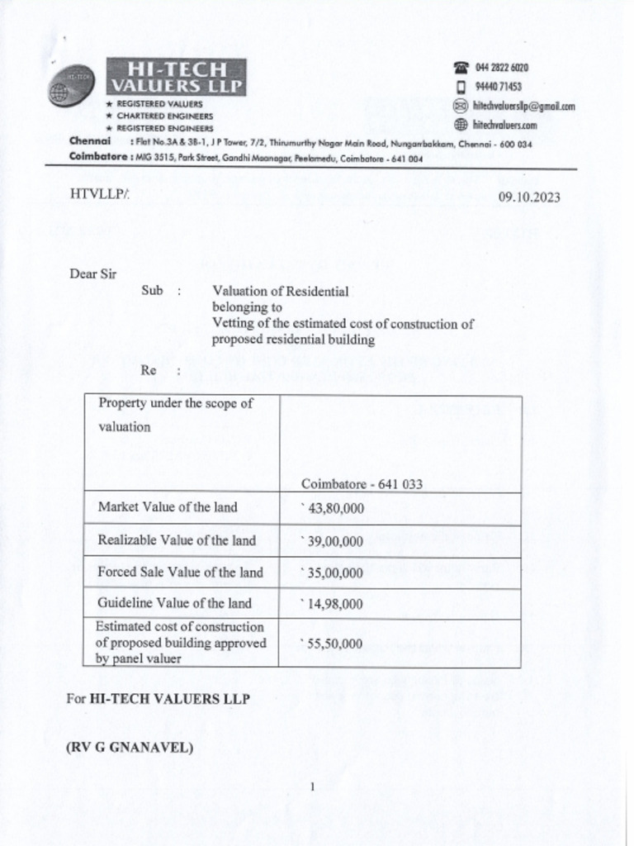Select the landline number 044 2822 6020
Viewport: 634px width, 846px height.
502,68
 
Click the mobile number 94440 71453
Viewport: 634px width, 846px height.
499,87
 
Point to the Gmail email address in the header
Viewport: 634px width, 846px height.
523,106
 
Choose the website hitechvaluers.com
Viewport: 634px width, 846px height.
505,125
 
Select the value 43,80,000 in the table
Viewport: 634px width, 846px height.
335,509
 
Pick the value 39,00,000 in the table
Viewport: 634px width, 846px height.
335,541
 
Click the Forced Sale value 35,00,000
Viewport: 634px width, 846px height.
335,573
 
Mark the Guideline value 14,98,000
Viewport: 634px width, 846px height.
335,604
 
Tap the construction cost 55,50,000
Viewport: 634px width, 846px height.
335,643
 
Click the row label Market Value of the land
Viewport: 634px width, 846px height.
168,507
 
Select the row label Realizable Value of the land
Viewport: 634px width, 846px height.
177,540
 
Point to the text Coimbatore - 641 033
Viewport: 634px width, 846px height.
362,484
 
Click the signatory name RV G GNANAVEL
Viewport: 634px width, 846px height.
130,749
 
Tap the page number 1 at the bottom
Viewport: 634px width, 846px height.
314,786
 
